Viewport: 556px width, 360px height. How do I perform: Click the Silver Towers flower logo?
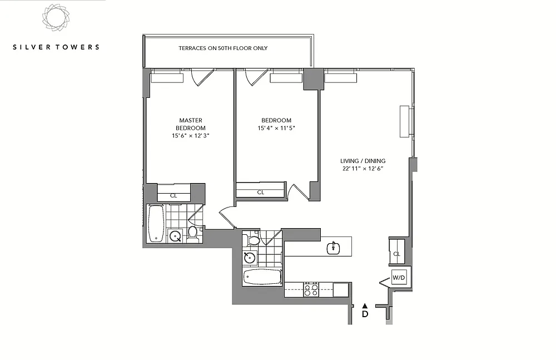tap(56, 18)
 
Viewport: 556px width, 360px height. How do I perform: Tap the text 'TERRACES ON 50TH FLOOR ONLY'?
tap(223, 48)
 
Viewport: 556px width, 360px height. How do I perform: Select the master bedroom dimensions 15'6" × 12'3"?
tap(191, 136)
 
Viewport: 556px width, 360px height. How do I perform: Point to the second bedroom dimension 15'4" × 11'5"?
tap(276, 128)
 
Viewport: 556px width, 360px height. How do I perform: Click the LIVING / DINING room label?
tap(363, 161)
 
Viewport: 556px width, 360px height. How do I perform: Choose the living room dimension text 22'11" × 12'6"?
tap(363, 169)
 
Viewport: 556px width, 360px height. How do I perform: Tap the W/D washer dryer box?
tap(399, 278)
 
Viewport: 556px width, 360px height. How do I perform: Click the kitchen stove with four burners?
tap(311, 289)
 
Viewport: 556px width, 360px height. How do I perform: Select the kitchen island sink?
tap(333, 248)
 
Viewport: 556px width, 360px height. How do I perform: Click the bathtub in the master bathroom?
tap(155, 223)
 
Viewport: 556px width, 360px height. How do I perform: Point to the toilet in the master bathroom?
tap(192, 234)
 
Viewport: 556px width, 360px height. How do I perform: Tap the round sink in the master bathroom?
tap(175, 236)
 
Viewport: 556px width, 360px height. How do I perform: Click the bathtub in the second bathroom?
tap(262, 277)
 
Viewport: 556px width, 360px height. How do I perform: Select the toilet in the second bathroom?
tap(253, 239)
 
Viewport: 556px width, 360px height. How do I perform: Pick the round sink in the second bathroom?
tap(250, 257)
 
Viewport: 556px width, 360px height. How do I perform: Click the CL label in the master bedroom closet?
tap(173, 196)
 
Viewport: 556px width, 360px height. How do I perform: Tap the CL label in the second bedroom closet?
tap(261, 193)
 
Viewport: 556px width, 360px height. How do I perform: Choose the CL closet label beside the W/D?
tap(397, 254)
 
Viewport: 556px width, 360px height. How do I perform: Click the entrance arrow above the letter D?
tap(365, 306)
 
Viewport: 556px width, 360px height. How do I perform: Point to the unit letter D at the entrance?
tap(365, 314)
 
